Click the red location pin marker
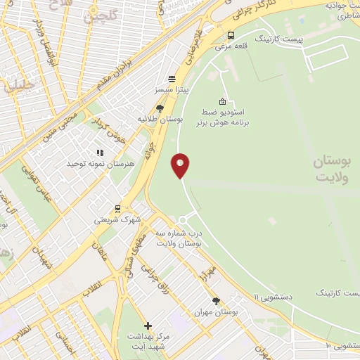click(181, 166)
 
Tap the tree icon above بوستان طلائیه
click(160, 108)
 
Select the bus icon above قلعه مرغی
click(231, 35)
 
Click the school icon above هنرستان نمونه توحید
click(99, 152)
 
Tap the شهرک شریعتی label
click(117, 219)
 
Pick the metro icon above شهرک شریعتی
click(117, 208)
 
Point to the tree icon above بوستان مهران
click(216, 300)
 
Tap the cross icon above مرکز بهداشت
click(148, 326)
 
